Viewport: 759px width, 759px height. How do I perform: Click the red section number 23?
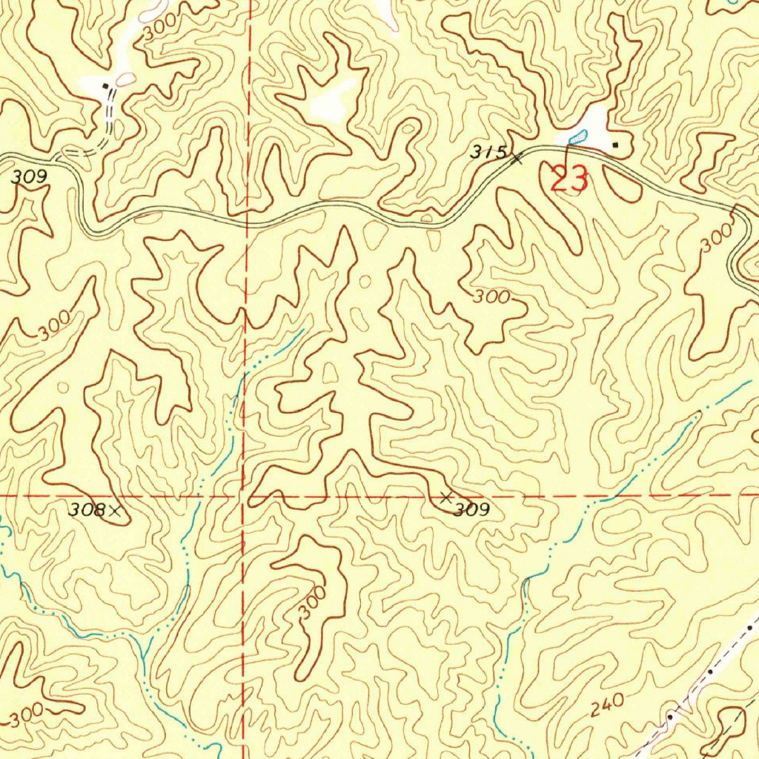pyautogui.click(x=569, y=180)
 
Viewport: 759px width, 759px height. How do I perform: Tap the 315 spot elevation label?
pyautogui.click(x=490, y=152)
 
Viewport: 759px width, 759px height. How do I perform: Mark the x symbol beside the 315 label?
pyautogui.click(x=517, y=157)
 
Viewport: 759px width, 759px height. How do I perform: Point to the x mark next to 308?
pyautogui.click(x=115, y=510)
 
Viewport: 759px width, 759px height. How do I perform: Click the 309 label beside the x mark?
pyautogui.click(x=472, y=510)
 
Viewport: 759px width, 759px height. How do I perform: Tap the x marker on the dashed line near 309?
pyautogui.click(x=445, y=497)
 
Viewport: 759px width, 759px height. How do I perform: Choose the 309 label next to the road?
pyautogui.click(x=30, y=177)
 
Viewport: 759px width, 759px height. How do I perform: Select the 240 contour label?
pyautogui.click(x=607, y=706)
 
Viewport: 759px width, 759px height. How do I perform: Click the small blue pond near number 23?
pyautogui.click(x=577, y=136)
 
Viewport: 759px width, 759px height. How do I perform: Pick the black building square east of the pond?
pyautogui.click(x=615, y=144)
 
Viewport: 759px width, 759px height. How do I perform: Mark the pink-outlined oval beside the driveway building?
pyautogui.click(x=126, y=79)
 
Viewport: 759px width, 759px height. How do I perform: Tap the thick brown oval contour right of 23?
pyautogui.click(x=622, y=182)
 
